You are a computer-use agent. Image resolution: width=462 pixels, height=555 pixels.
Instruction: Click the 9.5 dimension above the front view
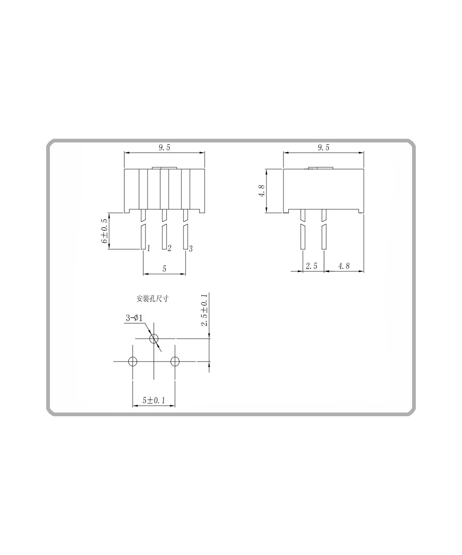tap(164, 148)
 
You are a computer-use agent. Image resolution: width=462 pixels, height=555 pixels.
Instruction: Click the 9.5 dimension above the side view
tap(323, 148)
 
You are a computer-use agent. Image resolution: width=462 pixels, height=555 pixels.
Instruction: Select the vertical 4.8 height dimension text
tap(262, 191)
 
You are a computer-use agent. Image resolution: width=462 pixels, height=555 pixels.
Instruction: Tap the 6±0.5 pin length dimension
tap(104, 231)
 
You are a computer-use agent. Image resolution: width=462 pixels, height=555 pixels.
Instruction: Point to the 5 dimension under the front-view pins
tap(164, 268)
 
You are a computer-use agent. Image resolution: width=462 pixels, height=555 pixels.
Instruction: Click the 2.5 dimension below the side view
tap(312, 266)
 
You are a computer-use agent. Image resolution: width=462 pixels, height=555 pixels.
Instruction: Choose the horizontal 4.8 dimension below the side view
tap(344, 266)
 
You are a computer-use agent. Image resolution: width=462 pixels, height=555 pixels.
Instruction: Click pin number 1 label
tap(148, 249)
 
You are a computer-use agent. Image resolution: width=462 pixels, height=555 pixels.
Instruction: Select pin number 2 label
tap(170, 249)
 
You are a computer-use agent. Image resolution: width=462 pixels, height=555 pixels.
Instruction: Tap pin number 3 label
tap(191, 249)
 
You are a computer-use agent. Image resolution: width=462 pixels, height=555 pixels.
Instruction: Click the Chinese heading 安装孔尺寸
tap(152, 299)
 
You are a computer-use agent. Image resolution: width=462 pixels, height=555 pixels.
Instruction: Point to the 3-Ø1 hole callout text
tap(134, 318)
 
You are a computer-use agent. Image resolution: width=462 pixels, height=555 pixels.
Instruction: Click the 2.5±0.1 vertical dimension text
tap(204, 310)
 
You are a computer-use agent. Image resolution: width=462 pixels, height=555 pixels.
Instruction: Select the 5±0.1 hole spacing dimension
tap(154, 401)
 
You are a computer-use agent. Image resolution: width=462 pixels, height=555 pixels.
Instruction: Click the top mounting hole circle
tap(154, 339)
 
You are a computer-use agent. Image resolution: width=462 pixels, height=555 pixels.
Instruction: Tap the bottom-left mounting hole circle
tap(133, 362)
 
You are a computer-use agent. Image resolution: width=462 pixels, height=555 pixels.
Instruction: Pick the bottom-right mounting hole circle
tap(175, 362)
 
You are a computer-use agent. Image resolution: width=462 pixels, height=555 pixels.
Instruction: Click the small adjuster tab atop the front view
tap(164, 168)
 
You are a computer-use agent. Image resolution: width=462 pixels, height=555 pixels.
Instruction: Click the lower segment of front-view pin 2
tap(164, 236)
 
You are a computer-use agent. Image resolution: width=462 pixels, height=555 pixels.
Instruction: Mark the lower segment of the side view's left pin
tap(303, 236)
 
